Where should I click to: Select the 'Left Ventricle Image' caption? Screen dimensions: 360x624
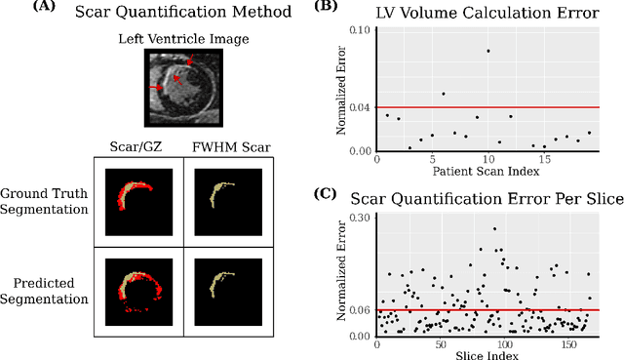(183, 40)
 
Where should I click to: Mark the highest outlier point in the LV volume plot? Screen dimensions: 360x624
(488, 51)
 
